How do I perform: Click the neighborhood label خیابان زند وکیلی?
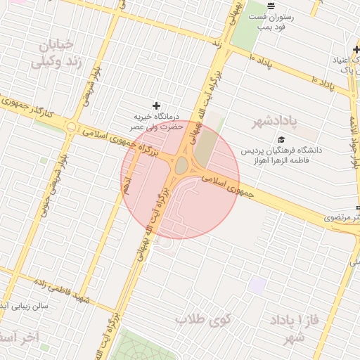(51, 53)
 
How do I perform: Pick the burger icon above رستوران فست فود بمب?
(271, 6)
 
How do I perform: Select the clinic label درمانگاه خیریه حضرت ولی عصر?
(157, 121)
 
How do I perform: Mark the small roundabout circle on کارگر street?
(71, 127)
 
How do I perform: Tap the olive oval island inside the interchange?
(181, 166)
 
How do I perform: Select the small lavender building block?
(257, 284)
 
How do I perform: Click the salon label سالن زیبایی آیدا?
(25, 307)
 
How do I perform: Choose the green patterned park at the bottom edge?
(145, 347)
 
